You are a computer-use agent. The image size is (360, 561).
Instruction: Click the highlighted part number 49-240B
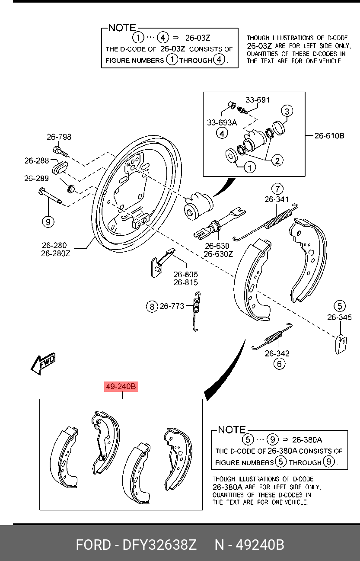tap(121, 386)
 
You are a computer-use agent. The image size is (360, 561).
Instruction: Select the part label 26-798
tap(59, 137)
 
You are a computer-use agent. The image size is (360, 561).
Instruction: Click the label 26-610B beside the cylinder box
tap(329, 136)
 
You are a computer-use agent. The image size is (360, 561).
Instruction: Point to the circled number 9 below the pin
tap(48, 222)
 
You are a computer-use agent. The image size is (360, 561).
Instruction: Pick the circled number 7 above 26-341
tap(277, 189)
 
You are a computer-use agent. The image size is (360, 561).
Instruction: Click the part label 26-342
tap(277, 353)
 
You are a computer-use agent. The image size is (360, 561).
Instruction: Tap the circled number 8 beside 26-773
tap(152, 307)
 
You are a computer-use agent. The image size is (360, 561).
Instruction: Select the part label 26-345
tap(339, 317)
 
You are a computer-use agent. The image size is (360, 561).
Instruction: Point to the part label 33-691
tap(258, 100)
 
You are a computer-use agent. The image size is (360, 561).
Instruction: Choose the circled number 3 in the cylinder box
tap(287, 111)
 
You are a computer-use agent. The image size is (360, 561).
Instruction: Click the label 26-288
tap(37, 160)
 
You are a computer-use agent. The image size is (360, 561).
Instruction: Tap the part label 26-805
tap(186, 274)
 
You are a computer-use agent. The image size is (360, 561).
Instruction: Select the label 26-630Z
tap(218, 254)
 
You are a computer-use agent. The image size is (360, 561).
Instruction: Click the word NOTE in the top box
tap(122, 28)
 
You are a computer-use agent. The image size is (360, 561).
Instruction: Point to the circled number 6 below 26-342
tap(279, 364)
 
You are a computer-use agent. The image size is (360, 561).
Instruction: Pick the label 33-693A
tap(222, 122)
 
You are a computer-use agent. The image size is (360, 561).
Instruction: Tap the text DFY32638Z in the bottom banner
tap(160, 545)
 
